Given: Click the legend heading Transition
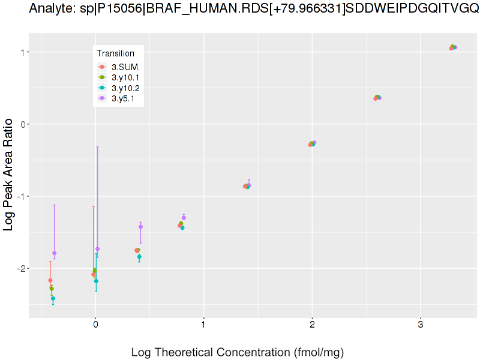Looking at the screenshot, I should click(x=119, y=53).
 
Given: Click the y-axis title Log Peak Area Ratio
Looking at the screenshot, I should click(x=10, y=175).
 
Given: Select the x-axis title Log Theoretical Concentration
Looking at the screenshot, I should click(x=237, y=352).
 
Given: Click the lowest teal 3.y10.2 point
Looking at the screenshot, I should click(x=53, y=298).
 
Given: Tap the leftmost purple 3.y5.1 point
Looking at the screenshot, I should click(x=54, y=253).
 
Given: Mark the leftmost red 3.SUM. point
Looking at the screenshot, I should click(x=50, y=280).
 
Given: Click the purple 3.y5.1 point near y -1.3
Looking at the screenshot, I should click(x=184, y=217).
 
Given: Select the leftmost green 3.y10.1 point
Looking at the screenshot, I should click(x=52, y=289).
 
